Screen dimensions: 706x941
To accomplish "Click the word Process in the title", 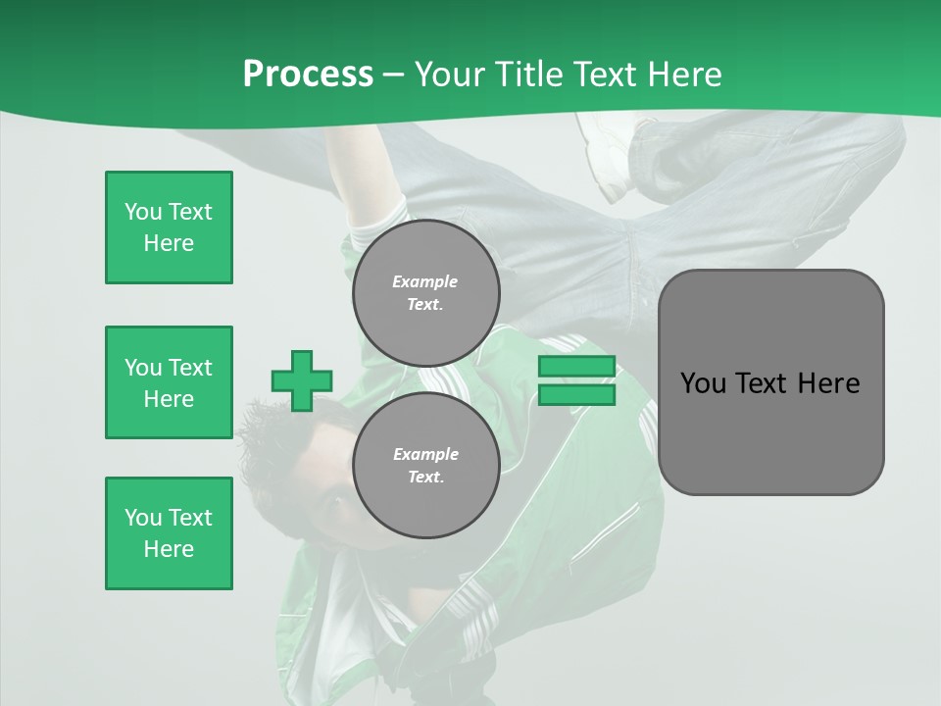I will coord(308,74).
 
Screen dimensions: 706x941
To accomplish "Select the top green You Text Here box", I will coord(169,227).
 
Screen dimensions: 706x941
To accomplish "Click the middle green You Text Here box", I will coord(169,382).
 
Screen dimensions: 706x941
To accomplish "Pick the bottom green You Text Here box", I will coord(169,533).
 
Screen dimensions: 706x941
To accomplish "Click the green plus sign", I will coord(302,380).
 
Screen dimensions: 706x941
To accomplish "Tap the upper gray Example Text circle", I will coord(425,292).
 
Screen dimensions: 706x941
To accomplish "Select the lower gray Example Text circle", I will coord(425,465).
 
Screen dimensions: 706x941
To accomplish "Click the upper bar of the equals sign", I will coord(576,367).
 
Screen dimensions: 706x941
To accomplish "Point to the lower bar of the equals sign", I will coord(576,395).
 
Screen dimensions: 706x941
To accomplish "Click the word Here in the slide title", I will coord(684,74).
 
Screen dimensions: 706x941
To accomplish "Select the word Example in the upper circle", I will coord(425,281).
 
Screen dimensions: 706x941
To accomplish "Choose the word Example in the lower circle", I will coord(425,454).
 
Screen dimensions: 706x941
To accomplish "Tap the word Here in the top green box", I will coord(169,243).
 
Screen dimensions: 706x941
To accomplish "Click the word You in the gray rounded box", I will coord(704,383).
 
